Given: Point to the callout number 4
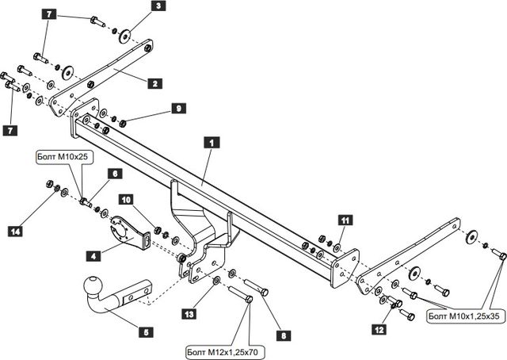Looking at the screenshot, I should tap(94, 256).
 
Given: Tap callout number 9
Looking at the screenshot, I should tap(179, 108).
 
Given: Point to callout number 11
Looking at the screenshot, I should tap(345, 220).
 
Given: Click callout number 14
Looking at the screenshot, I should tap(15, 232).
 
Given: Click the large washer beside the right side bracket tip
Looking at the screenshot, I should tap(471, 236).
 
